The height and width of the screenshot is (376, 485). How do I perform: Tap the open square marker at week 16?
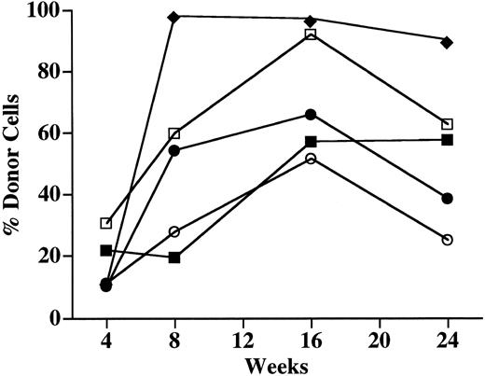(311, 35)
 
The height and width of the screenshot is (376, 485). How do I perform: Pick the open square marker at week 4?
(106, 223)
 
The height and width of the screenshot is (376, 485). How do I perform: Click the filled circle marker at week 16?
(311, 115)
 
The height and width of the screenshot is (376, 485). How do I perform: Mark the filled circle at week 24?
(447, 199)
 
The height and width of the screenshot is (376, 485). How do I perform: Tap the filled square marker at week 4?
(106, 251)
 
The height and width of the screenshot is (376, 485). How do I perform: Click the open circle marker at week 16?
(311, 159)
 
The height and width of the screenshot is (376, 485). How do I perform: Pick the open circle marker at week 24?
(447, 240)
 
